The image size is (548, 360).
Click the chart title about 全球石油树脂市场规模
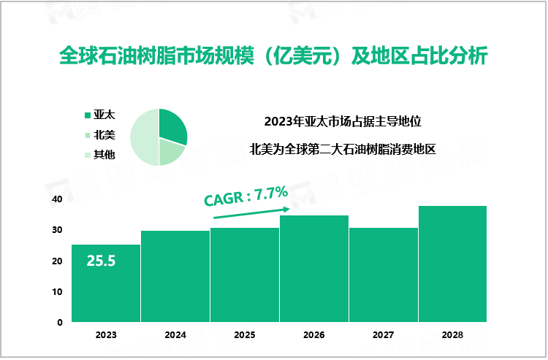[x=273, y=56]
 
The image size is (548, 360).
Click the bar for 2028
[x=452, y=264]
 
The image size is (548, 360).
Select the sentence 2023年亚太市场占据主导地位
[x=343, y=121]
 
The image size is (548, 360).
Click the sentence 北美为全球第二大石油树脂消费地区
[x=343, y=150]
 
